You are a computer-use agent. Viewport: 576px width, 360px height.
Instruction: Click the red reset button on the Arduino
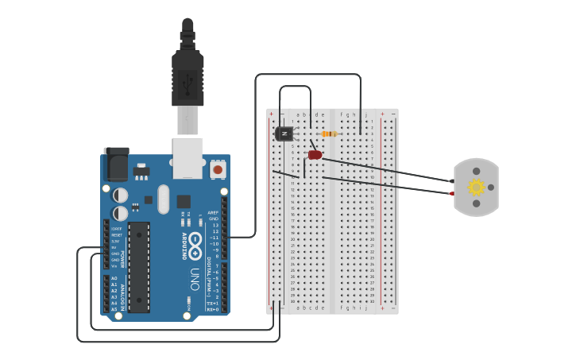pyautogui.click(x=218, y=169)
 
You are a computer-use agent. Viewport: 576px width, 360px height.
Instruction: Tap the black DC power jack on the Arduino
pyautogui.click(x=117, y=165)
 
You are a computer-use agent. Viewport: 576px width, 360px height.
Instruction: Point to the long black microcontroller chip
pyautogui.click(x=139, y=267)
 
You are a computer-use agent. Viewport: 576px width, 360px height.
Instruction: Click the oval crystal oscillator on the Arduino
pyautogui.click(x=164, y=199)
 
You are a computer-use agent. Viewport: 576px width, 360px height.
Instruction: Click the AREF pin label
pyautogui.click(x=213, y=213)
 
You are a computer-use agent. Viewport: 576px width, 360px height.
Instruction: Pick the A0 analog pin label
pyautogui.click(x=114, y=278)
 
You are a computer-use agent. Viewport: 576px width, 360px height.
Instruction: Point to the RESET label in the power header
pyautogui.click(x=117, y=235)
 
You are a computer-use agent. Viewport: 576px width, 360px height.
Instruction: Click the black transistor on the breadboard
pyautogui.click(x=284, y=134)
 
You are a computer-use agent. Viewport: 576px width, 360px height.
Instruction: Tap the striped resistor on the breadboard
pyautogui.click(x=329, y=134)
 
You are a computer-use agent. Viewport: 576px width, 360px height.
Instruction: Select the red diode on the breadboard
pyautogui.click(x=315, y=155)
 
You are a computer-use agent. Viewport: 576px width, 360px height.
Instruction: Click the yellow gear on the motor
pyautogui.click(x=476, y=188)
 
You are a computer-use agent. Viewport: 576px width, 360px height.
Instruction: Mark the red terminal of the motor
pyautogui.click(x=450, y=193)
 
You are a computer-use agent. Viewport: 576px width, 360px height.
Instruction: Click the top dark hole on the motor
pyautogui.click(x=476, y=171)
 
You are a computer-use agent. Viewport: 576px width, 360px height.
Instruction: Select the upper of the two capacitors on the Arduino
pyautogui.click(x=121, y=195)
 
